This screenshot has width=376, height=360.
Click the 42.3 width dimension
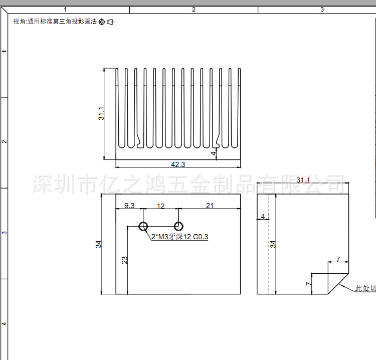[178, 164]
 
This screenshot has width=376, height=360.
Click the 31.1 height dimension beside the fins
[101, 114]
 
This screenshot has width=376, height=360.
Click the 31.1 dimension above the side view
[303, 180]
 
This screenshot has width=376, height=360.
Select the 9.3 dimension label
[129, 206]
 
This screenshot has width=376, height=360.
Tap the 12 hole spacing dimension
[161, 206]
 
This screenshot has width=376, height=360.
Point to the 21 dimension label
[210, 206]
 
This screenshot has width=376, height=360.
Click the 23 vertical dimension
[124, 260]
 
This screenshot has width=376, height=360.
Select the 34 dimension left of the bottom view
[99, 244]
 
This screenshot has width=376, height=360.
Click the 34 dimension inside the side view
[273, 244]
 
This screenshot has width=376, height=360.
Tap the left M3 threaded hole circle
[143, 226]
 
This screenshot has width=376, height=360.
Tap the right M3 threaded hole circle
[178, 226]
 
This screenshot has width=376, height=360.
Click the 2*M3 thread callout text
[179, 237]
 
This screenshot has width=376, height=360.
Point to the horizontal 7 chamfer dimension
[338, 259]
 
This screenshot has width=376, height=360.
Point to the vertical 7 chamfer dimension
[309, 284]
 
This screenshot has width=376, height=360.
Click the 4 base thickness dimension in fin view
[213, 152]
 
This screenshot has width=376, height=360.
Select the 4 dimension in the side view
[263, 217]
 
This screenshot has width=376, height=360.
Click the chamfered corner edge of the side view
[338, 284]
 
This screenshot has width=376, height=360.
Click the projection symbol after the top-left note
[106, 22]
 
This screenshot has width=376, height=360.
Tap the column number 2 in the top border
[194, 10]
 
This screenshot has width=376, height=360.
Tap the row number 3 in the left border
[5, 233]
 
